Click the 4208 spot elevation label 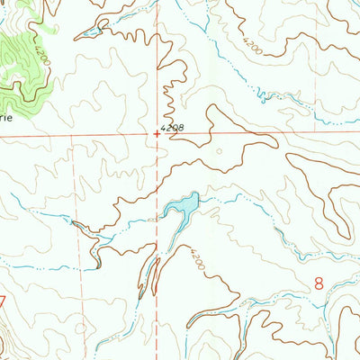[173, 130]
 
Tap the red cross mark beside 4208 [156, 135]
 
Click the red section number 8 [319, 283]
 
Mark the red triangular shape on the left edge [3, 300]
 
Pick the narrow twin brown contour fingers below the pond [149, 274]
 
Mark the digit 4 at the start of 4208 [164, 130]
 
